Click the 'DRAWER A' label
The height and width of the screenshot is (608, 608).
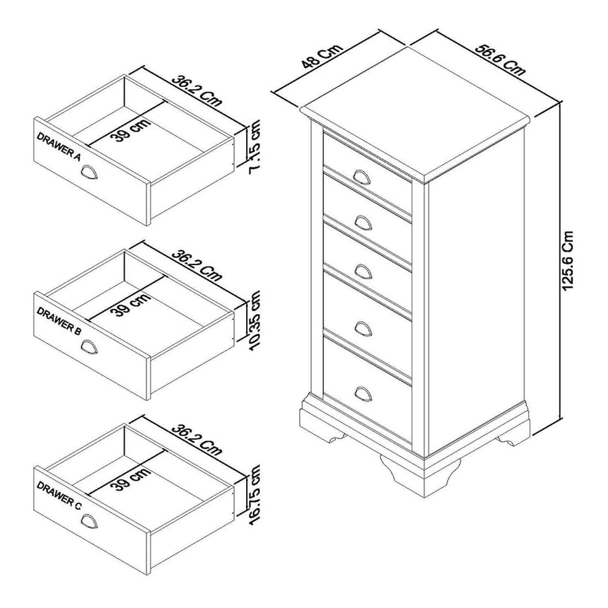(59, 146)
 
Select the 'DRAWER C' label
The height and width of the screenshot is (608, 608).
(59, 495)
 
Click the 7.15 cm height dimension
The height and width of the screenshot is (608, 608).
(255, 147)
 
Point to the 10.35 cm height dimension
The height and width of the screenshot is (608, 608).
(255, 321)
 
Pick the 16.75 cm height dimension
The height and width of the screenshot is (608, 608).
(255, 495)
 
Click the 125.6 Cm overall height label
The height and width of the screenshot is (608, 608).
(566, 261)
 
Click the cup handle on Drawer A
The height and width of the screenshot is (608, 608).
(90, 173)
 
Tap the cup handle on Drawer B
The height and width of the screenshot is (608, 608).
(90, 347)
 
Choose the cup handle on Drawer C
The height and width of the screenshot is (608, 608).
(90, 522)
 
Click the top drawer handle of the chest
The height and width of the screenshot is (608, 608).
(362, 177)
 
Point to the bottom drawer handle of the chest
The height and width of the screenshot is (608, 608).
(363, 394)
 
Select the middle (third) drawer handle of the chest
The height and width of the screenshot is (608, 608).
(363, 271)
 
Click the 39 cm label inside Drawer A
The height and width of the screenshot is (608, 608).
(130, 130)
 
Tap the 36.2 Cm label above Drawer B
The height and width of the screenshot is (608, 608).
(197, 266)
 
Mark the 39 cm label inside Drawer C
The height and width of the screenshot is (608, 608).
(130, 479)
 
